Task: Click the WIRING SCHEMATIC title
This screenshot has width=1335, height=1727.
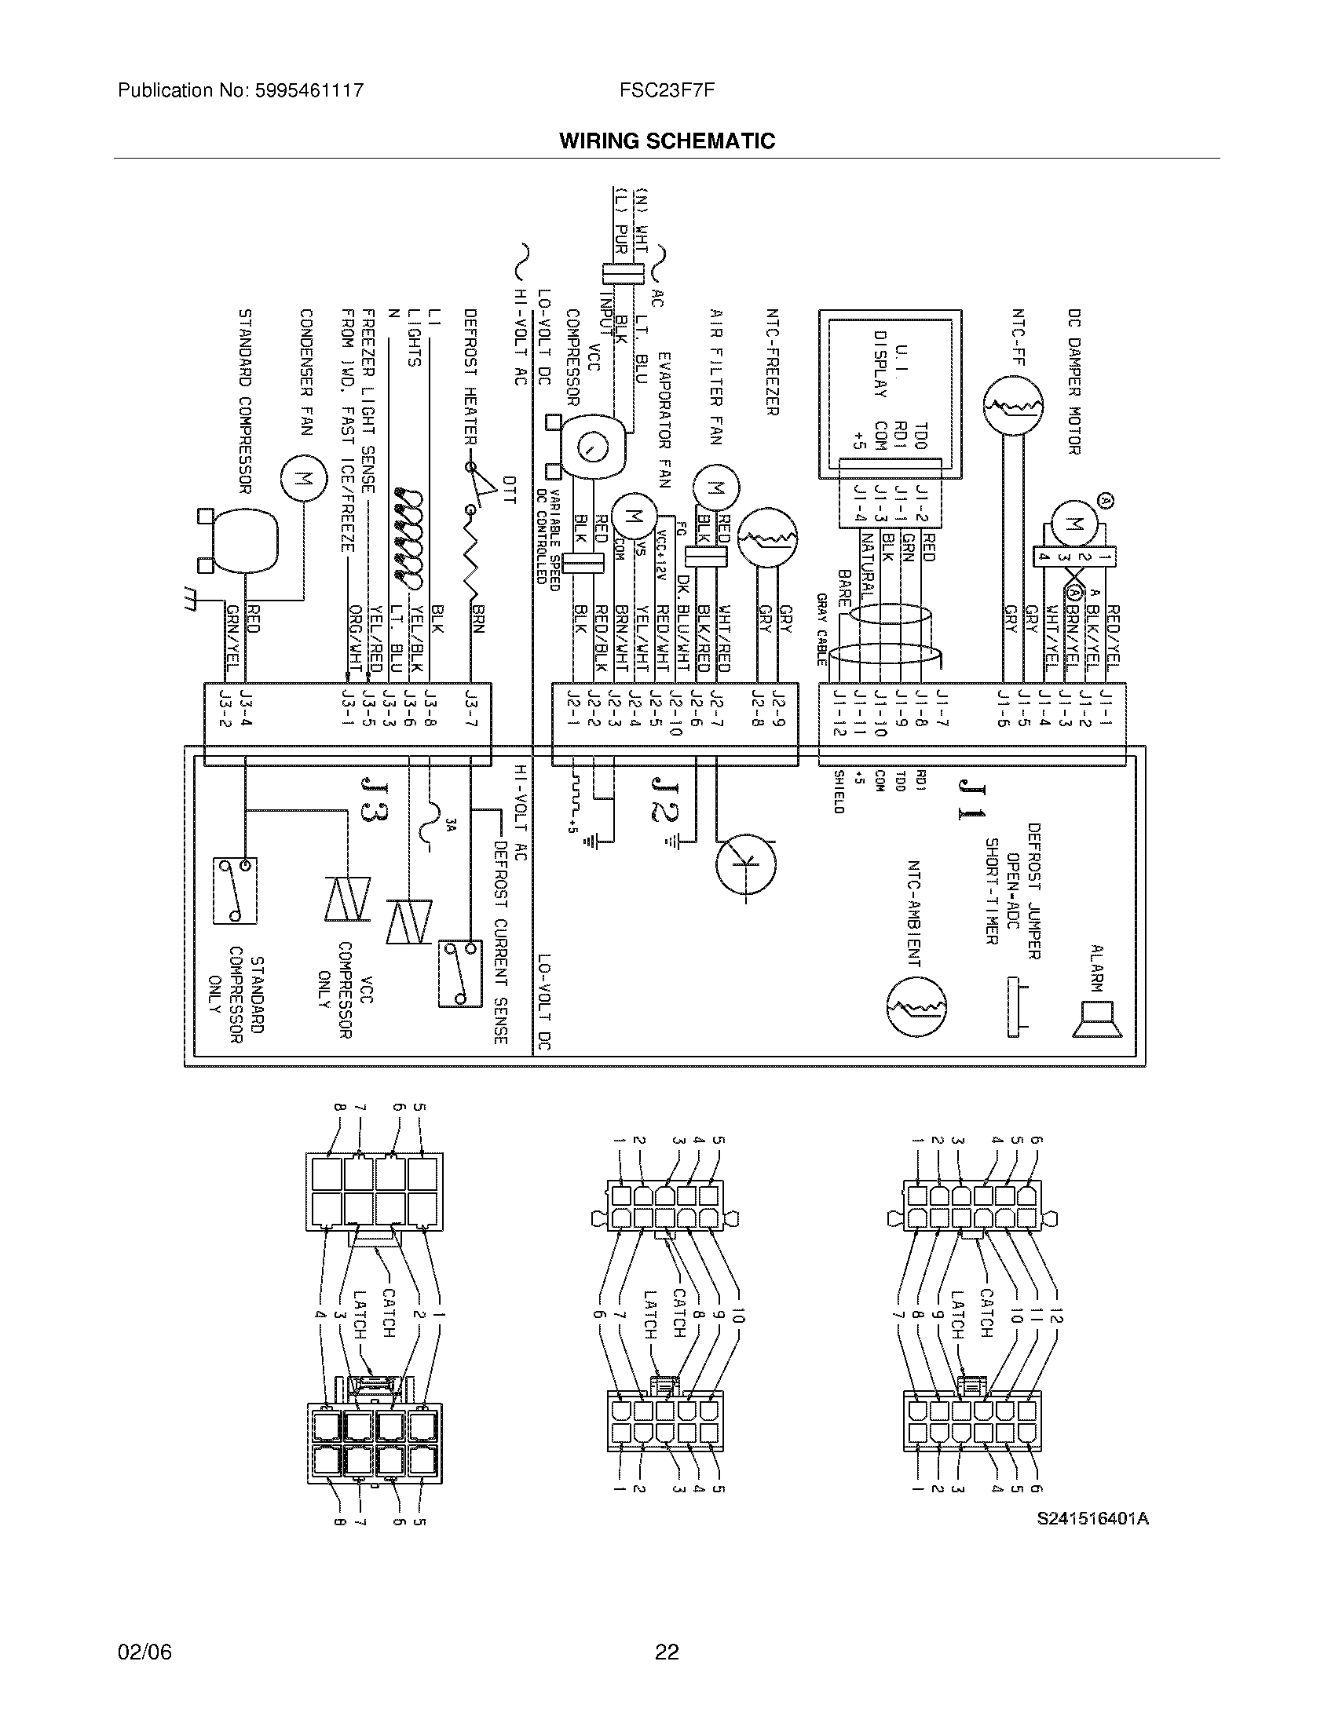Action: [667, 141]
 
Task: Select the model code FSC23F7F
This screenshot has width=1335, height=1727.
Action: [667, 90]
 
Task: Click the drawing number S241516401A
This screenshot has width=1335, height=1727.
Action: [1093, 1518]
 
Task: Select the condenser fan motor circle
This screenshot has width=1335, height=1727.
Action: [303, 477]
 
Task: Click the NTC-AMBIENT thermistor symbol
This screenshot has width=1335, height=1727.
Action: [916, 1006]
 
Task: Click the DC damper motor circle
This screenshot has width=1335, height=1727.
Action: [1076, 522]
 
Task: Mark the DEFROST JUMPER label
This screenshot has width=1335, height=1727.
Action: [1033, 890]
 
